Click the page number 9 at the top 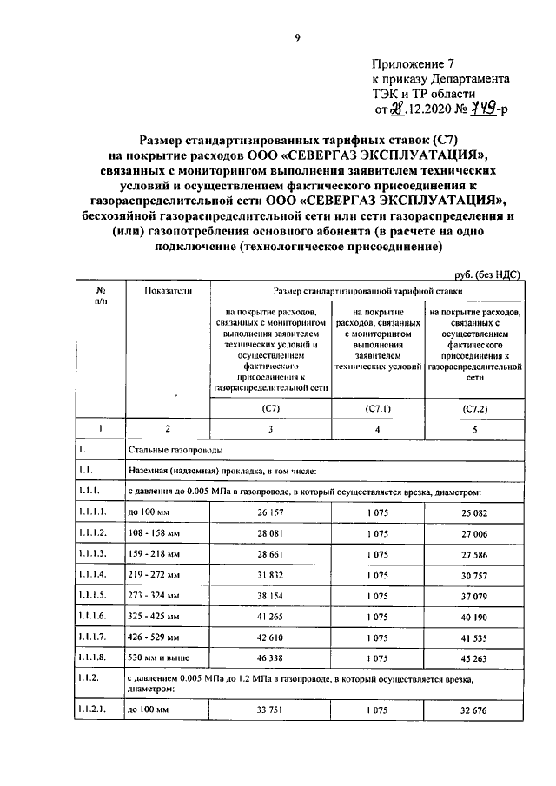(297, 36)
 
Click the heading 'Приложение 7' (413, 63)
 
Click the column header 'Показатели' (169, 291)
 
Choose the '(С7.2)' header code (474, 406)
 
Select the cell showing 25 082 (474, 513)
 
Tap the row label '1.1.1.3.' (93, 553)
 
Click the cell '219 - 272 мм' (155, 574)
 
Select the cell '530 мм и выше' (157, 658)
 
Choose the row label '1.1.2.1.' (93, 713)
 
